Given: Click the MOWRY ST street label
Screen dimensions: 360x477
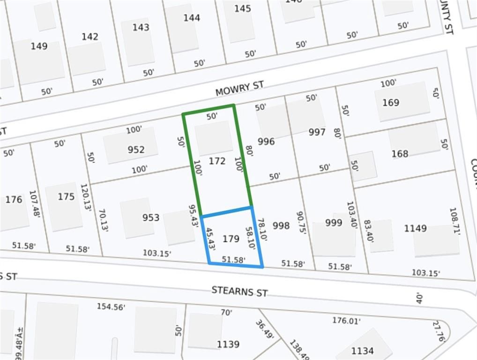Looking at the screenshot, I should coord(239,88).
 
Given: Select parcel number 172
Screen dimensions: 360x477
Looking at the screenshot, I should coord(217,161).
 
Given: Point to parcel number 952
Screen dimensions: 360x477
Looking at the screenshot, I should coord(136,150).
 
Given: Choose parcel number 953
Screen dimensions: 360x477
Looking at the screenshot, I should coord(151,217).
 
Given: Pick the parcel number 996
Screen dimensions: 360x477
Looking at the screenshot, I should coord(266,142).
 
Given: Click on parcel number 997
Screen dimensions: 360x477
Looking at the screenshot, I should coord(317,132).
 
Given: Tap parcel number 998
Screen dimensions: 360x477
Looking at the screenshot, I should coord(281,226).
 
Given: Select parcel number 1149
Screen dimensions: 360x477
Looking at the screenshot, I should coord(415,228).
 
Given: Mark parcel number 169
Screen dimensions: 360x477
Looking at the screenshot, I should coord(390,103).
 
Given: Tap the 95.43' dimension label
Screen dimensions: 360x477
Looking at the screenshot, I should coord(193,216).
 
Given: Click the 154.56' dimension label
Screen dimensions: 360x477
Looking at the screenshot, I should coord(111,307).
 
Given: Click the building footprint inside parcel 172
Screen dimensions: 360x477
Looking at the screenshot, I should coord(214,138).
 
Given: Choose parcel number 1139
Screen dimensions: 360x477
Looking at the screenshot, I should coord(228,345).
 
